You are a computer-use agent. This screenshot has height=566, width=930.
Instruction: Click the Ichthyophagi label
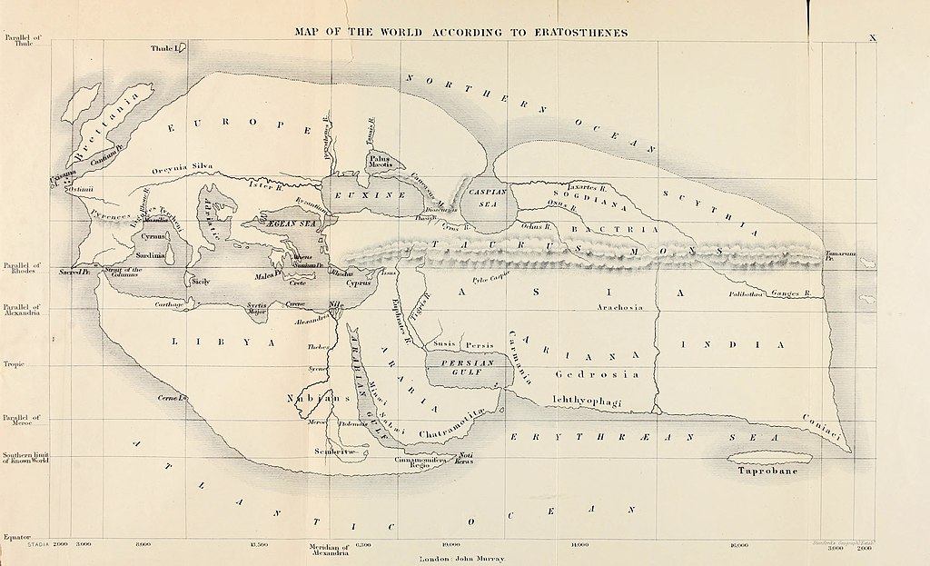point(589,399)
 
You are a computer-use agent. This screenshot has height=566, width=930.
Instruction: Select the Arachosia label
point(619,307)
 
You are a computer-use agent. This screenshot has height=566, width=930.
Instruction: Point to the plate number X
point(872,37)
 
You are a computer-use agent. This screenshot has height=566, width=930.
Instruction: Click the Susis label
point(443,346)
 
